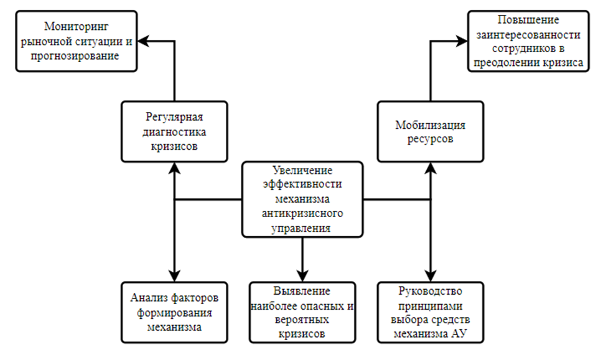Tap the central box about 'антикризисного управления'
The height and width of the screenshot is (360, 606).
[x=302, y=199]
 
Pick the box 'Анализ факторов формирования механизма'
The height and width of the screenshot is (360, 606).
[x=175, y=311]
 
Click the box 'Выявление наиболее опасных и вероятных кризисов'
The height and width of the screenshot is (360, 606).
[x=302, y=312]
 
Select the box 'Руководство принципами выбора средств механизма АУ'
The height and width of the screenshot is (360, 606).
[x=430, y=312]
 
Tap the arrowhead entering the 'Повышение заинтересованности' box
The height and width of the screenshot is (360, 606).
[x=461, y=41]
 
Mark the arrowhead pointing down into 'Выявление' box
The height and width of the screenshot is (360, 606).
[x=302, y=275]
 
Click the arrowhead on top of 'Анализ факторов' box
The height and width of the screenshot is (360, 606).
[x=175, y=275]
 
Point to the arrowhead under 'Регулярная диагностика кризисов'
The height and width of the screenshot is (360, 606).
[x=175, y=167]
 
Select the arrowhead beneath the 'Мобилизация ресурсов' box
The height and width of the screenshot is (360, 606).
[x=430, y=167]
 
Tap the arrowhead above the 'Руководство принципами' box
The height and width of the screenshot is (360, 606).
[x=430, y=275]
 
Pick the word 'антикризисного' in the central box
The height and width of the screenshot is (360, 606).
[x=302, y=214]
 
